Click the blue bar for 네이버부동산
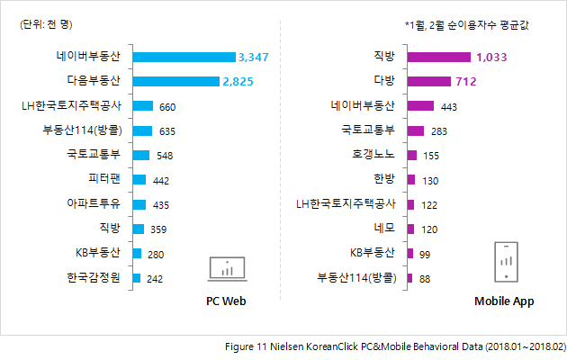[x=184, y=57]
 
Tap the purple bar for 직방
[x=438, y=57]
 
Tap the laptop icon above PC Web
[x=227, y=267]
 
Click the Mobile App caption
[x=504, y=301]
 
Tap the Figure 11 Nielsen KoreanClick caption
[x=395, y=346]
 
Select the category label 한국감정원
[x=94, y=277]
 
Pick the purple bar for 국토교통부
[x=416, y=130]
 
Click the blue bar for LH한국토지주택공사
[x=142, y=106]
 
